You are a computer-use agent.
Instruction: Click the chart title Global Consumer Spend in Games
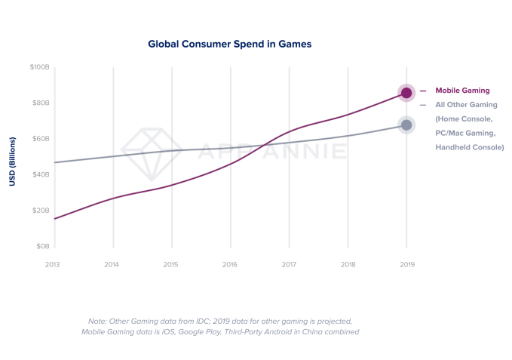230,45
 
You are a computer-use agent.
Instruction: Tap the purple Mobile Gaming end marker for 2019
406,92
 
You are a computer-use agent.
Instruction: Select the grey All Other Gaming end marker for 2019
406,125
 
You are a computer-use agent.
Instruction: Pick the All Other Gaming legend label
467,105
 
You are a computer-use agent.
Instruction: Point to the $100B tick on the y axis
39,67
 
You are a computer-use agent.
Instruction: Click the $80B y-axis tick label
41,103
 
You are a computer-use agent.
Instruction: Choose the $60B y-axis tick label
41,139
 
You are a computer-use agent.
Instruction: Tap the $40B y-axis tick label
41,174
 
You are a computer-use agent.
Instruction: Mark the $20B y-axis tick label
41,211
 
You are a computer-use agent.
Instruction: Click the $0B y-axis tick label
42,246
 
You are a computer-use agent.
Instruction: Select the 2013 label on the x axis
53,265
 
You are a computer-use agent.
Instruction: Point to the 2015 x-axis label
170,265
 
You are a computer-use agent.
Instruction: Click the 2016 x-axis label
229,265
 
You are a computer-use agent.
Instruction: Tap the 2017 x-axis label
289,265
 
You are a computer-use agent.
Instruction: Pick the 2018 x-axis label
348,265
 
